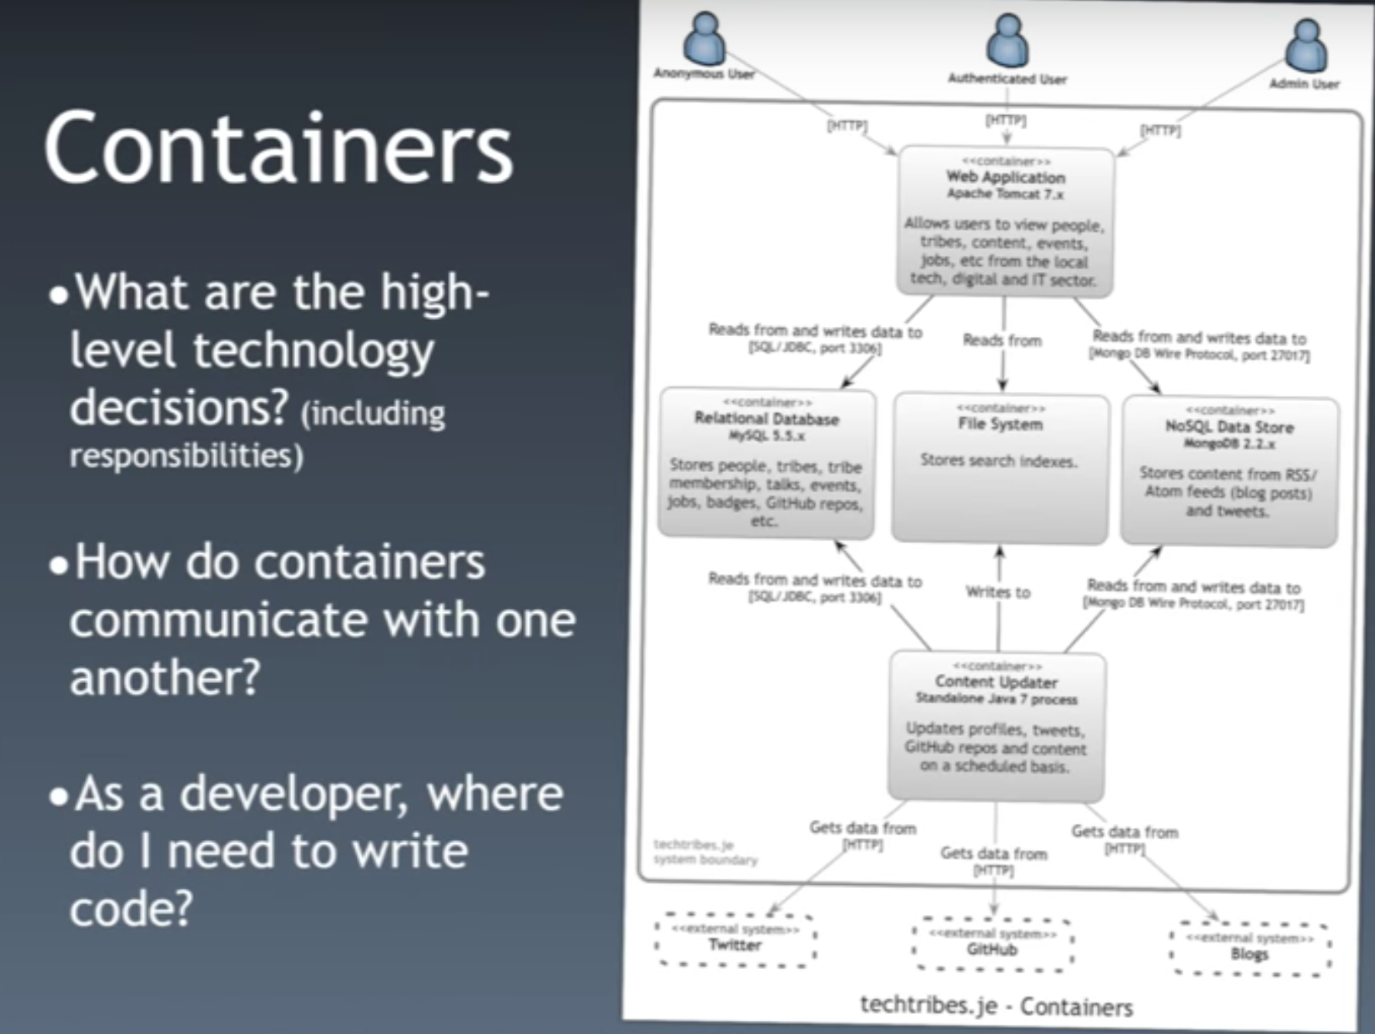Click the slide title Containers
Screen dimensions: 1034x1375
point(278,147)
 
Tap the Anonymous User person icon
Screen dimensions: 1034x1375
point(704,39)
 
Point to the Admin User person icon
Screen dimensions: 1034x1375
point(1305,46)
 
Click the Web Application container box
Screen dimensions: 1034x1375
point(1005,223)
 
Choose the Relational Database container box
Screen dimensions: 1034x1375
point(766,464)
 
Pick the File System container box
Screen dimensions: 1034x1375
point(1000,468)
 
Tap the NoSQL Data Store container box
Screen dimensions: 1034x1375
point(1229,471)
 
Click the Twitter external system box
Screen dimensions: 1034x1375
point(735,940)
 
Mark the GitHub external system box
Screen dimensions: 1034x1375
point(993,944)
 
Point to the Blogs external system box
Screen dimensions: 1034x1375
point(1250,949)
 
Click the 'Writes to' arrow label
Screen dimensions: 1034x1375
point(998,592)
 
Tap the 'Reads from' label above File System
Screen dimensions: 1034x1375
point(1002,340)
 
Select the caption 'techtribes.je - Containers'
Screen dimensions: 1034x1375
point(996,1006)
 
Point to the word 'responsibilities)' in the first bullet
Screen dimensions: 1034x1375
point(186,456)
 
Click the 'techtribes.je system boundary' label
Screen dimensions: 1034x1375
point(704,852)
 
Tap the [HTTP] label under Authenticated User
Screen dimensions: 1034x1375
point(1005,121)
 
